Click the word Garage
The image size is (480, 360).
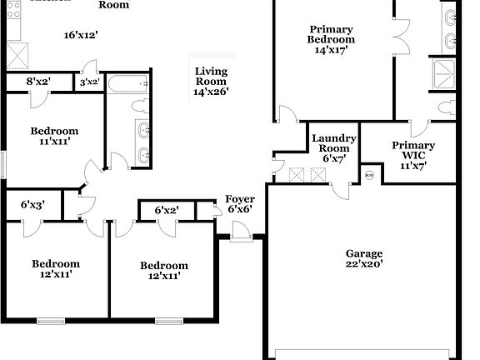click(364, 253)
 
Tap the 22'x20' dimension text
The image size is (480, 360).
click(364, 265)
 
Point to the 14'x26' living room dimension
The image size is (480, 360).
click(211, 92)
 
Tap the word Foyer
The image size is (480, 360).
click(240, 199)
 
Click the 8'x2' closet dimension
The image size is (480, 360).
click(39, 82)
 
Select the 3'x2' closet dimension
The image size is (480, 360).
click(90, 82)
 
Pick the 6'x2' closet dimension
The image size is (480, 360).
click(167, 211)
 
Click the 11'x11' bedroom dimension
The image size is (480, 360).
click(54, 142)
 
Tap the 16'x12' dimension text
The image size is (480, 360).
click(81, 35)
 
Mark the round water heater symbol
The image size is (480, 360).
click(369, 175)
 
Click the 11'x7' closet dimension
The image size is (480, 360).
click(413, 166)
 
